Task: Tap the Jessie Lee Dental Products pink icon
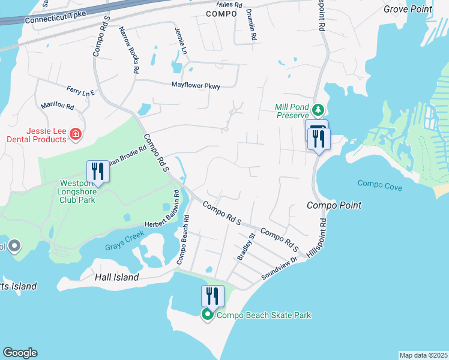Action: click(76, 134)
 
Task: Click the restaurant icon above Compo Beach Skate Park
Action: click(212, 296)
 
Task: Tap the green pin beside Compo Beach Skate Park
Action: click(208, 314)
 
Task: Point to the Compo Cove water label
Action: click(379, 184)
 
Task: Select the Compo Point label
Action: click(334, 205)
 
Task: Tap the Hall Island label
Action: click(117, 277)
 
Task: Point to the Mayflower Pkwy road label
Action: click(196, 86)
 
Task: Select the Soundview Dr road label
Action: click(280, 268)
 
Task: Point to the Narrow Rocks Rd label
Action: click(129, 50)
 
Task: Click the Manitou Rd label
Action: click(57, 106)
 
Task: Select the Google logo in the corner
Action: click(20, 353)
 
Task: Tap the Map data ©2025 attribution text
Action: click(423, 355)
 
